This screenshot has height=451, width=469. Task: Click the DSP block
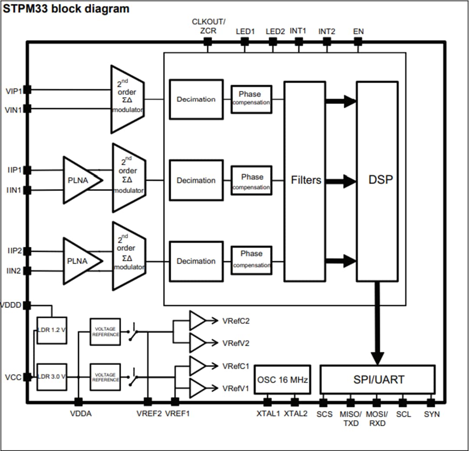click(x=377, y=181)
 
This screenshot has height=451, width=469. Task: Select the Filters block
click(x=305, y=181)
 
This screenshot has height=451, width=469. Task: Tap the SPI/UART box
click(x=377, y=380)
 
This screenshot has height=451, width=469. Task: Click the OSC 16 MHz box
click(x=282, y=380)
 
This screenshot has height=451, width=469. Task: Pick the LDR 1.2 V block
click(x=52, y=330)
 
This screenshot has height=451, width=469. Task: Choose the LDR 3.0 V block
click(x=52, y=376)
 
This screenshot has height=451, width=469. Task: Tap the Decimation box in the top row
click(x=196, y=99)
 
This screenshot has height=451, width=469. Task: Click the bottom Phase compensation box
click(x=251, y=260)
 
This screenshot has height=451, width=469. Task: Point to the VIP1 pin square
click(x=27, y=90)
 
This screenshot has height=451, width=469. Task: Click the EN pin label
click(x=358, y=31)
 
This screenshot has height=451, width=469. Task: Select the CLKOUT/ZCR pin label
click(x=208, y=27)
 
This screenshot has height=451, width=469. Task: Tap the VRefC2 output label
click(x=236, y=321)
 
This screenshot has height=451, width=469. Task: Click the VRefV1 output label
click(x=236, y=388)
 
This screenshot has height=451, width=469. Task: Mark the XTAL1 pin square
click(x=268, y=401)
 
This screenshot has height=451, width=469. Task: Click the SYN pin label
click(x=431, y=414)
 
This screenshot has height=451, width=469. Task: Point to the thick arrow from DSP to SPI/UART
click(x=377, y=324)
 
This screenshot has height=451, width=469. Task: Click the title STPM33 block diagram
click(x=66, y=8)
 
